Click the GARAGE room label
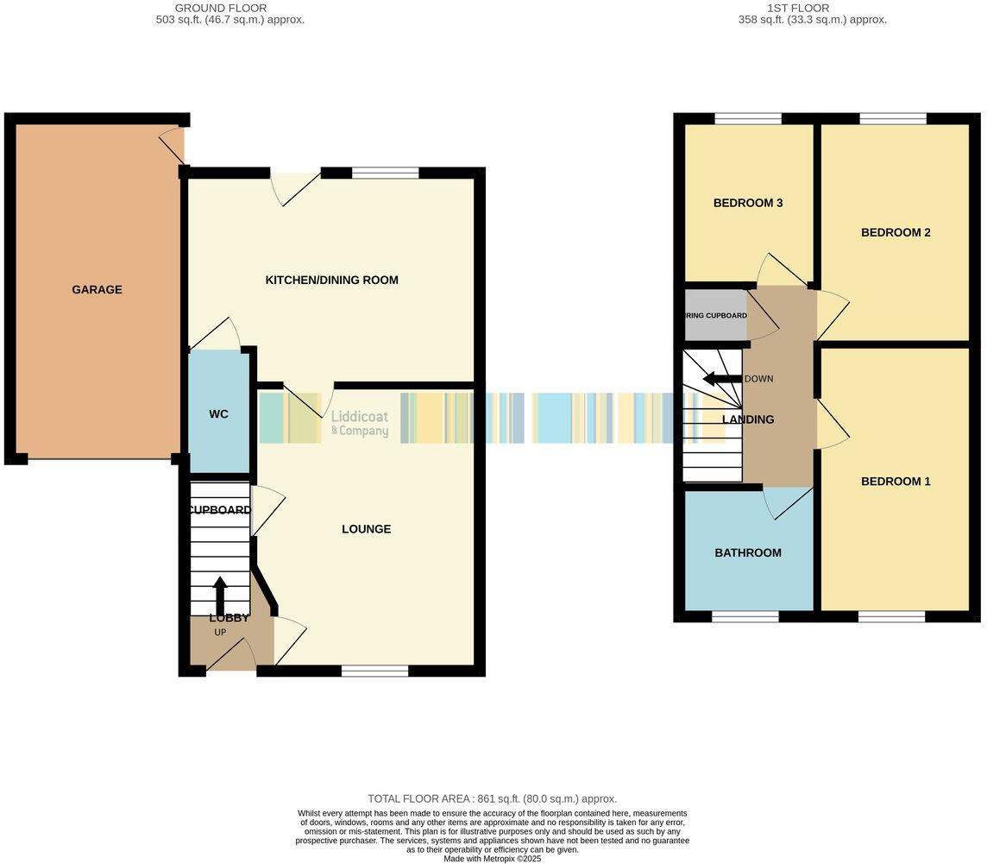pyautogui.click(x=97, y=290)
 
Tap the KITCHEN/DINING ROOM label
pyautogui.click(x=331, y=281)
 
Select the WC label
pyautogui.click(x=218, y=414)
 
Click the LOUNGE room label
pyautogui.click(x=366, y=529)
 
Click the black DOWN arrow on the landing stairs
pyautogui.click(x=721, y=379)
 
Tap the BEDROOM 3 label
pyautogui.click(x=747, y=204)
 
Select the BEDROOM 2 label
pyautogui.click(x=896, y=233)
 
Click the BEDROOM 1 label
pyautogui.click(x=896, y=482)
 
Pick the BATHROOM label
pyautogui.click(x=747, y=553)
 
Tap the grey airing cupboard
pyautogui.click(x=715, y=316)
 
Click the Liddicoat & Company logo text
pyautogui.click(x=360, y=423)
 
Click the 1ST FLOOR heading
pyautogui.click(x=797, y=8)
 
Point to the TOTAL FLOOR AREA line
pyautogui.click(x=492, y=799)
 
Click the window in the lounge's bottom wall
pyautogui.click(x=374, y=671)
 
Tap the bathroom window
pyautogui.click(x=745, y=616)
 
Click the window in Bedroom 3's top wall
pyautogui.click(x=747, y=119)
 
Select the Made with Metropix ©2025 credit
pyautogui.click(x=492, y=859)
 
